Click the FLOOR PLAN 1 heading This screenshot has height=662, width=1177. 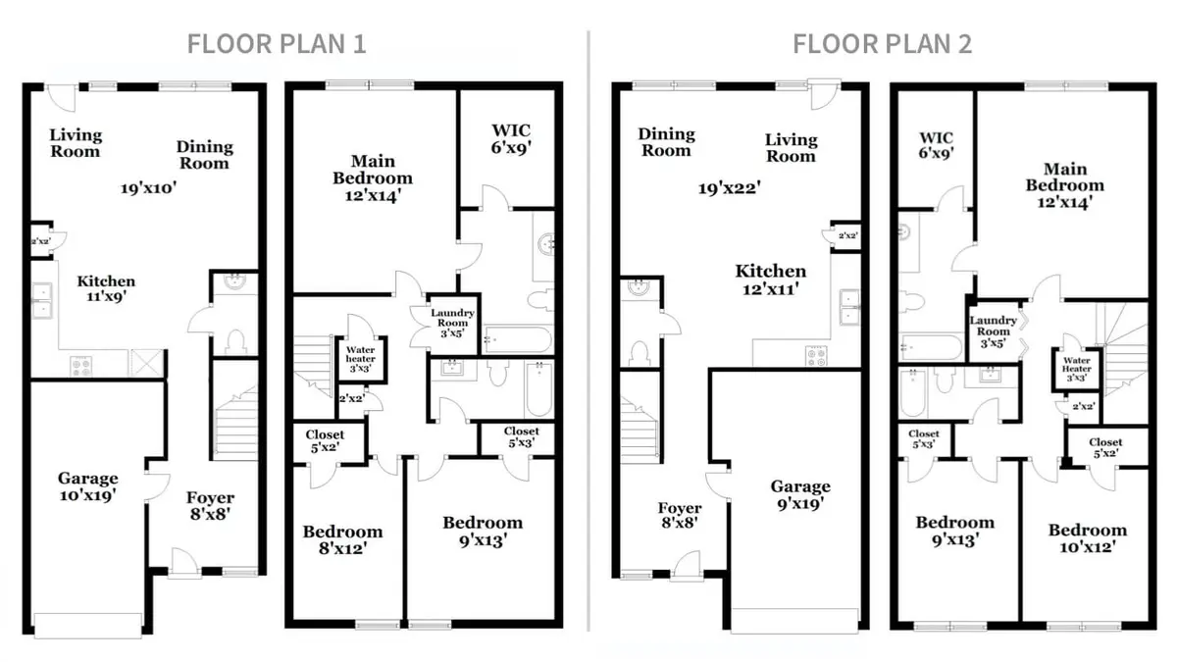coord(277,43)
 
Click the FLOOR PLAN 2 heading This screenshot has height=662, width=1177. coord(882,43)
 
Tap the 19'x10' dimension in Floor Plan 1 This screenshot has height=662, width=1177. coord(149,187)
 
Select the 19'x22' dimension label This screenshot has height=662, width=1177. coord(730,187)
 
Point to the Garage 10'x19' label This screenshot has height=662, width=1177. coord(87,486)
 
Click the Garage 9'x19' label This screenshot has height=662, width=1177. coord(800,494)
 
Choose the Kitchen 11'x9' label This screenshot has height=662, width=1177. coord(106,288)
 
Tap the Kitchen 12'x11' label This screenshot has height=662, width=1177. coord(770,280)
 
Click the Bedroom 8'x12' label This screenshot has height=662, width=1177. coord(342,539)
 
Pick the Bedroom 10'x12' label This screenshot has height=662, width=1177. coord(1088,538)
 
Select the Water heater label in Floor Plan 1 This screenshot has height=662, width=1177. coord(361,359)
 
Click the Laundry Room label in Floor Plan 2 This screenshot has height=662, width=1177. coord(993,331)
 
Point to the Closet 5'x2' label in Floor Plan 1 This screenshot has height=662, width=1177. coord(325,440)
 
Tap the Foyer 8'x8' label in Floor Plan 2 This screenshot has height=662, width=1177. coord(680,515)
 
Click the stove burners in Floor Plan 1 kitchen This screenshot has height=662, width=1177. coord(81,366)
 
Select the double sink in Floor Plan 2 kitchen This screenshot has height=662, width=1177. coord(849,307)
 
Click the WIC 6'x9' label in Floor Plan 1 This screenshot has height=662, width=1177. coord(511,138)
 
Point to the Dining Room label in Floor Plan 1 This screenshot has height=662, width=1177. coord(204,155)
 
